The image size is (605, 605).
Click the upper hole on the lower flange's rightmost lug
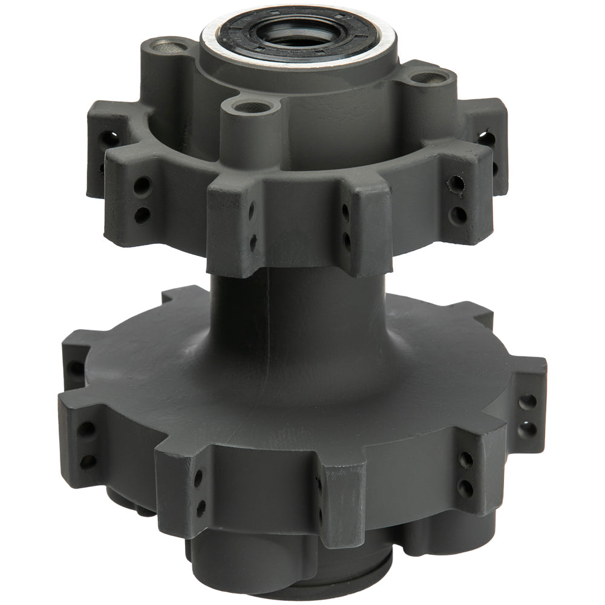click(528, 401)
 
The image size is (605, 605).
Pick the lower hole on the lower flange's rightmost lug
click(528, 428)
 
